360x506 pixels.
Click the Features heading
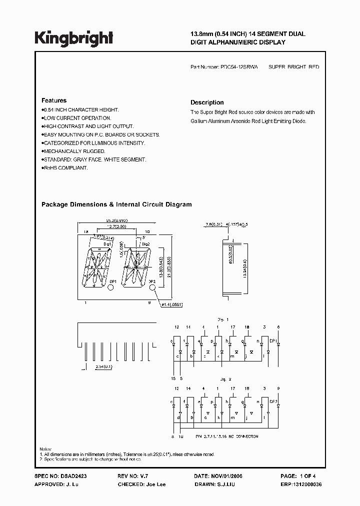54,100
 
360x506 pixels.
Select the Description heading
207,102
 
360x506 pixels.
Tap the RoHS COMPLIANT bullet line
65,168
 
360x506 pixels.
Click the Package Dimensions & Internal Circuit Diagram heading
116,204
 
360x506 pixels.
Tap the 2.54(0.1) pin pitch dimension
103,366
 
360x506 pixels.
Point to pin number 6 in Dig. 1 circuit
278,327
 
